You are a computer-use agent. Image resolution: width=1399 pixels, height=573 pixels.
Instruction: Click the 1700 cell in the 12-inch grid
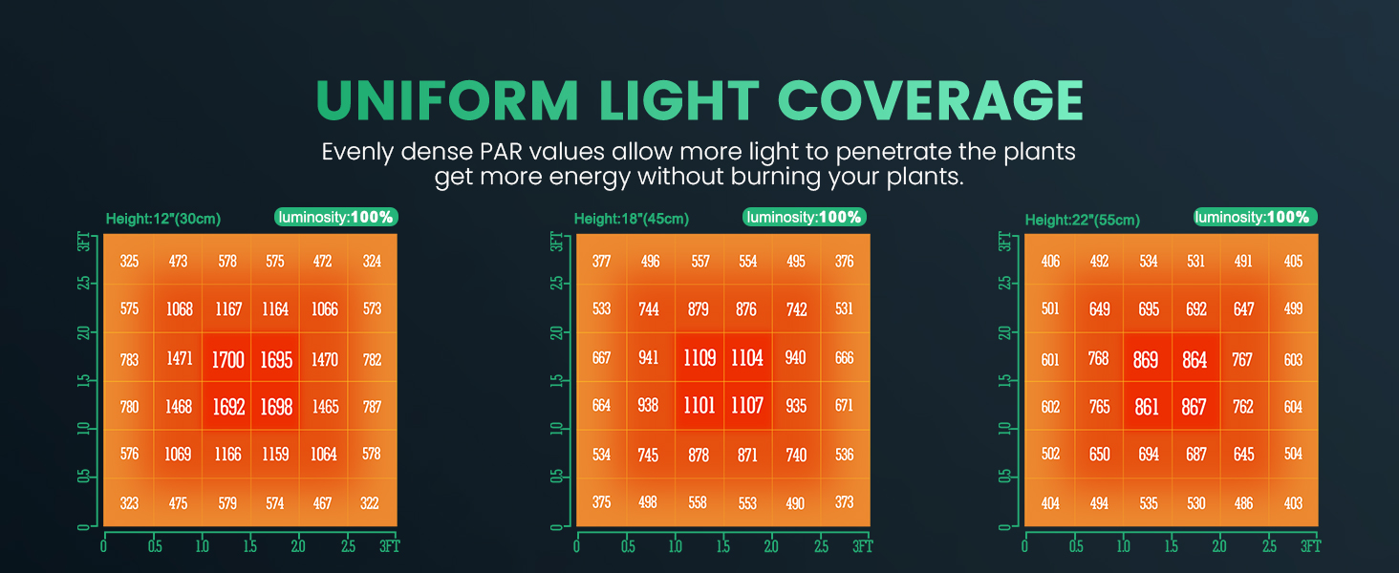tap(228, 359)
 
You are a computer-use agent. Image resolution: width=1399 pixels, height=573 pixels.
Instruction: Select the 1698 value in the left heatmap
tap(276, 407)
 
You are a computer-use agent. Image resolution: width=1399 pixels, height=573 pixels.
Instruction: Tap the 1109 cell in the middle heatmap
tap(699, 358)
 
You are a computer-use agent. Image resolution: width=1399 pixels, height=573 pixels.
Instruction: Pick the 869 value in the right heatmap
tap(1146, 359)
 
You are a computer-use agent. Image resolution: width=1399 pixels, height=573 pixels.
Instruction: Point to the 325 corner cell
tap(129, 261)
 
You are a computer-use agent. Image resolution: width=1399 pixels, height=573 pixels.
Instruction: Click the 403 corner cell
tap(1293, 503)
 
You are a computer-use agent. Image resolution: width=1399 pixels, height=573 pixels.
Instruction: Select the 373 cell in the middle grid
tap(844, 501)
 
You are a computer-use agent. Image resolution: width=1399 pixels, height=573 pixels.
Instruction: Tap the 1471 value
tap(180, 358)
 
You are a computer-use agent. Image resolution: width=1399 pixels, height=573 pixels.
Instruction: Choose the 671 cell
tap(844, 405)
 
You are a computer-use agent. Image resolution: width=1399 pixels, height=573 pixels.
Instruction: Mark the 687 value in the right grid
tap(1196, 454)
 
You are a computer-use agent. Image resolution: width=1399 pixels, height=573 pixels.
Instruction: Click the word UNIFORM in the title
tap(447, 100)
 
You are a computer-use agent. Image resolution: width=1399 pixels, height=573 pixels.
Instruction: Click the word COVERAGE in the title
tap(930, 100)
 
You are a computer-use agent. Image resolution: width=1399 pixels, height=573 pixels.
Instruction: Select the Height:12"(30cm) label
tap(163, 219)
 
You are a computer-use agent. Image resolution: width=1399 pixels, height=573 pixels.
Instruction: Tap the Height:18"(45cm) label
tap(632, 219)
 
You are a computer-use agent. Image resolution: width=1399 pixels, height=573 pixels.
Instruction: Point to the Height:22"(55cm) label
tap(1083, 220)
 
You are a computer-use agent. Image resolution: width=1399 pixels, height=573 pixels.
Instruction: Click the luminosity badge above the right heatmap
tap(1256, 217)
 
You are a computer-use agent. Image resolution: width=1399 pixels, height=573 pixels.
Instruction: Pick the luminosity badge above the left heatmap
tap(336, 217)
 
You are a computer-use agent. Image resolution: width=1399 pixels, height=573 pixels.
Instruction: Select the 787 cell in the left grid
tap(372, 407)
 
